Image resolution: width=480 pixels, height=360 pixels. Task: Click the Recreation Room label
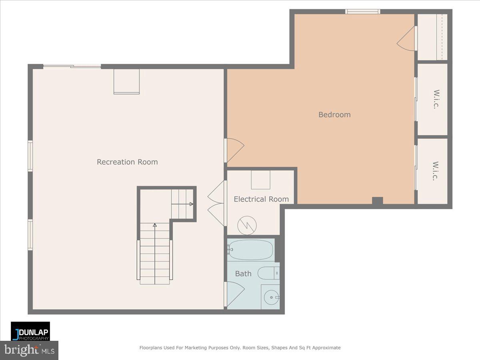click(x=127, y=162)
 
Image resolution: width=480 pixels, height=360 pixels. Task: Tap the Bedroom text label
click(x=334, y=115)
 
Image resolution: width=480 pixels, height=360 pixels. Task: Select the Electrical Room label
click(x=261, y=199)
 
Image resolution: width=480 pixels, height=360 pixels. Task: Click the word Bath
click(x=243, y=274)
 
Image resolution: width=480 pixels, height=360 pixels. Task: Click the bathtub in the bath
click(x=250, y=250)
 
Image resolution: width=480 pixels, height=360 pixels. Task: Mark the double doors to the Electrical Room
click(x=217, y=203)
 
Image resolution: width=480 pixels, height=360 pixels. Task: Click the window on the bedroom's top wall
click(x=362, y=12)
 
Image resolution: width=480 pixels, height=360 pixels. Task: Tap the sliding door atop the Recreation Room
click(x=72, y=66)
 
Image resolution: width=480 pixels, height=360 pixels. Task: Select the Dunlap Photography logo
click(x=30, y=331)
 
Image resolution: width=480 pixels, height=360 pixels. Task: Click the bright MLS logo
click(x=29, y=350)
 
